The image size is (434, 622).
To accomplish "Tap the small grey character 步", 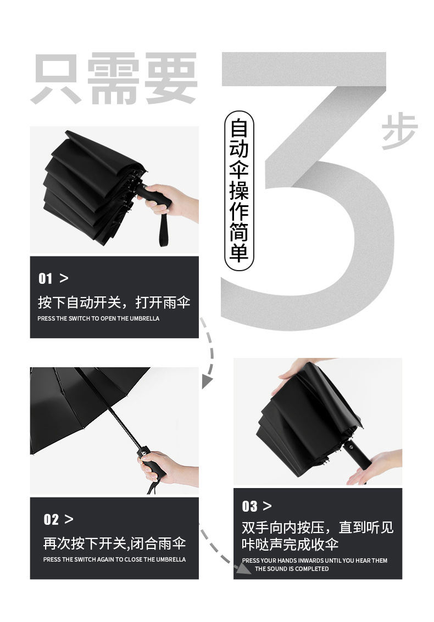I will click(399, 132).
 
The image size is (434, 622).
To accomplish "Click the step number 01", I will click(46, 279).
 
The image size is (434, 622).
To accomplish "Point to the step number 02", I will click(51, 519).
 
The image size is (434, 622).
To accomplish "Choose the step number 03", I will click(249, 506).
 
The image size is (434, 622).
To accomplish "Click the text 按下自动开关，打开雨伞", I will click(114, 302).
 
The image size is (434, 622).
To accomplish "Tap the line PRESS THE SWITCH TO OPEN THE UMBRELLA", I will click(98, 318).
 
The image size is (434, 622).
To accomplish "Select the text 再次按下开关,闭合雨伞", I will click(114, 543).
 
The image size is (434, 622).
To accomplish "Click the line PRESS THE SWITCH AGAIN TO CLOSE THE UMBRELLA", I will click(114, 559).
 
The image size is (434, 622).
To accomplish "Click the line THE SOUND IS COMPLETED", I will click(292, 569).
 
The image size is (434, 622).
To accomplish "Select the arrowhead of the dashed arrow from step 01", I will click(207, 381).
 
